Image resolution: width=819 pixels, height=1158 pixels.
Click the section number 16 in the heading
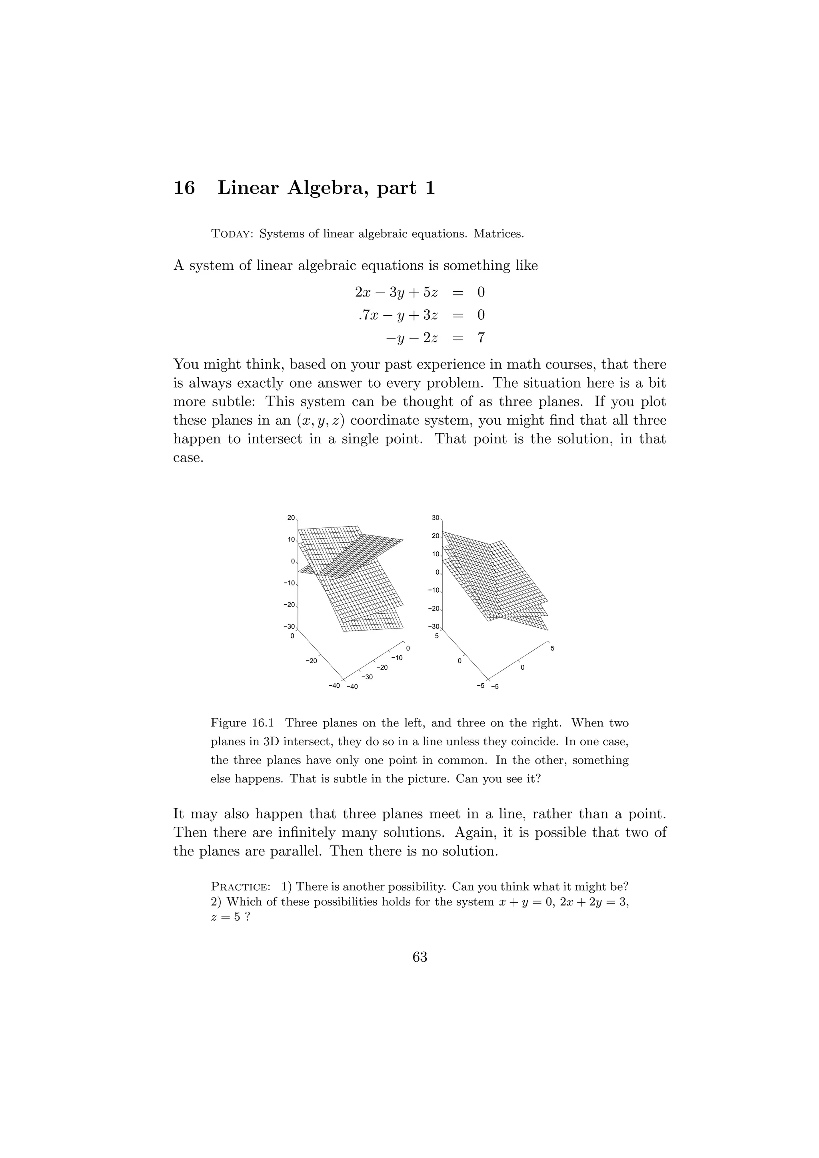coord(184,188)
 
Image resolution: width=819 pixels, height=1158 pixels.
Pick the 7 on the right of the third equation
coord(481,338)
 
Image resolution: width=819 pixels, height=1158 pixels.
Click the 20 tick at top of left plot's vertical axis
coord(291,517)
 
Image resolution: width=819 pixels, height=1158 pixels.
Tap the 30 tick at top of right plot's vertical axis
coord(435,517)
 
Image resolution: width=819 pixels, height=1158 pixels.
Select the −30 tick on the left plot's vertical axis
coord(289,627)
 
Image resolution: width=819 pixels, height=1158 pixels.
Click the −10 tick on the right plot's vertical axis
coord(433,590)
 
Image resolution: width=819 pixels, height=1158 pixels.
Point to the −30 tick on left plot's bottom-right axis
coord(367,677)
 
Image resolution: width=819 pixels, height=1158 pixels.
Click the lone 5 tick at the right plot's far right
coord(552,648)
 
